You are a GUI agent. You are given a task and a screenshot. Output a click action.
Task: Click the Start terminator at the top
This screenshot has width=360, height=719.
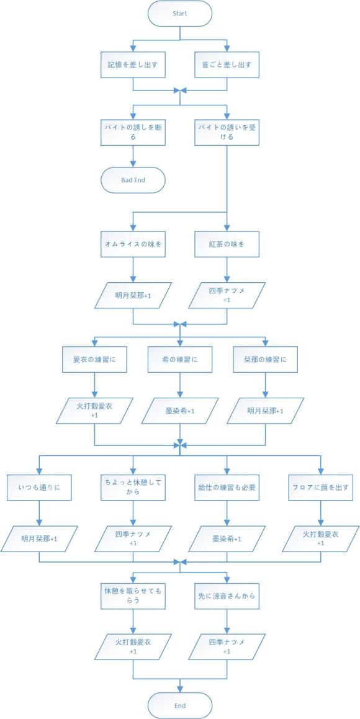click(x=179, y=13)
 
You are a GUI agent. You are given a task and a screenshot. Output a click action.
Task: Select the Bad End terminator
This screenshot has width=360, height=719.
click(x=133, y=180)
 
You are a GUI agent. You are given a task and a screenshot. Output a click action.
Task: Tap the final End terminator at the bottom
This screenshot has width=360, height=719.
click(x=179, y=705)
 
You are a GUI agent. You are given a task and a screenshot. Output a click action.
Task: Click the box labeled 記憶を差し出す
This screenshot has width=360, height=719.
click(x=133, y=64)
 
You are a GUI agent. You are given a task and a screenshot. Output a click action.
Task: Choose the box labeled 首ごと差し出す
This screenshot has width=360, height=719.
click(x=227, y=64)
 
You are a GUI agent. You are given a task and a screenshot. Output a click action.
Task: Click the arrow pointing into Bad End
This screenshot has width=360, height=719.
click(x=133, y=163)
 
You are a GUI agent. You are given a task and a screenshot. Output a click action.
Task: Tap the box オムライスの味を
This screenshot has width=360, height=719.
click(x=133, y=244)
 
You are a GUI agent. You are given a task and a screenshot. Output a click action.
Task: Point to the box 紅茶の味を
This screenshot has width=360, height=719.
click(x=227, y=244)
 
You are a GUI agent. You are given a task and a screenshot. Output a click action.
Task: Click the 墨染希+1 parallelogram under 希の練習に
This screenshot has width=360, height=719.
click(x=179, y=411)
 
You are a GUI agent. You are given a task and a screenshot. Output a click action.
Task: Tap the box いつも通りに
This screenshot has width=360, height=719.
click(x=38, y=487)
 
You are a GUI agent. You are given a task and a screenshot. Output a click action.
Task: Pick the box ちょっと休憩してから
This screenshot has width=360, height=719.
click(x=133, y=487)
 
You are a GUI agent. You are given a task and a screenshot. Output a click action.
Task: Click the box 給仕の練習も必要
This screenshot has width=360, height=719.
click(x=227, y=487)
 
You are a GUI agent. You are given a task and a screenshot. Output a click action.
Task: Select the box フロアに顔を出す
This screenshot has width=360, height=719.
click(x=321, y=487)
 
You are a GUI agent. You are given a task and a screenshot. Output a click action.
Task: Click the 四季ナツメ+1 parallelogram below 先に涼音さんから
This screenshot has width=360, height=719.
click(x=227, y=647)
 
